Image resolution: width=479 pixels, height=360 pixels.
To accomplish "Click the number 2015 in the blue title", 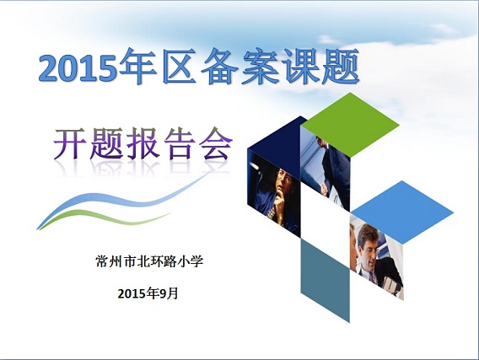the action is (78, 68).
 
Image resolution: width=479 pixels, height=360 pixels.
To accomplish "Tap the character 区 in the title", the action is (180, 67).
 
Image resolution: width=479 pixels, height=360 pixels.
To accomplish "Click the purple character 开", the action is (71, 143).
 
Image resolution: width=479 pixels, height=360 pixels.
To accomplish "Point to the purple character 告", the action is (180, 143).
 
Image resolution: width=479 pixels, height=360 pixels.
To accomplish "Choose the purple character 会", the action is (216, 143).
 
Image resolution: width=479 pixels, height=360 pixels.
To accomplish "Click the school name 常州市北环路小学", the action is (149, 261).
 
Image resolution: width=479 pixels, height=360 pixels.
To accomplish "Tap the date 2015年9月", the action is (148, 293).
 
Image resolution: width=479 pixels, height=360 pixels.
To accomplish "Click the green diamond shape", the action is (350, 125).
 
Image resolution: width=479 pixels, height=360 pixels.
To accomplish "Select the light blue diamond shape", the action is (402, 212).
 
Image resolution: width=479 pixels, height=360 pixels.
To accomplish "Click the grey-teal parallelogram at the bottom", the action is (326, 279).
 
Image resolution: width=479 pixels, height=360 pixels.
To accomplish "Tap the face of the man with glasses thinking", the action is (285, 180).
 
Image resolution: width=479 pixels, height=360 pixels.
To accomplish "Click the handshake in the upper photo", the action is (324, 187).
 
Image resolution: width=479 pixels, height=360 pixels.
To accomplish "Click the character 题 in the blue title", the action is (341, 67).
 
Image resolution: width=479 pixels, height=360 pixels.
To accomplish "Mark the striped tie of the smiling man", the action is (371, 277).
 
